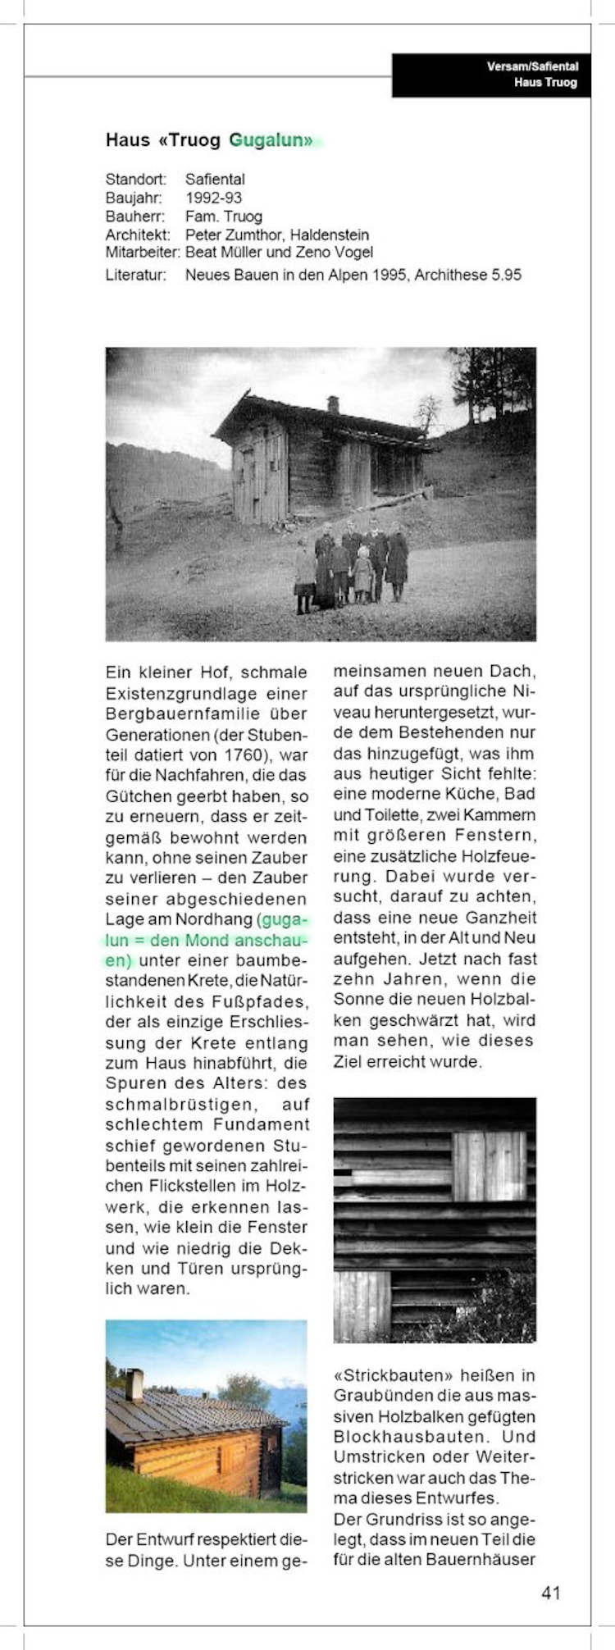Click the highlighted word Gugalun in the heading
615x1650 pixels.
(271, 140)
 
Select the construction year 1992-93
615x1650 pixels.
(213, 198)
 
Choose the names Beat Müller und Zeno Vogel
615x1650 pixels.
(279, 253)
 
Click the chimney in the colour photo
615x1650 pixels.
(134, 1384)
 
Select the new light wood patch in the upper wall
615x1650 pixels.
(490, 1166)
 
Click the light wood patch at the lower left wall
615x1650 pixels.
(362, 1306)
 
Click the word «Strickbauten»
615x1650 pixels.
(385, 1374)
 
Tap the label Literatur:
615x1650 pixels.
(135, 275)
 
